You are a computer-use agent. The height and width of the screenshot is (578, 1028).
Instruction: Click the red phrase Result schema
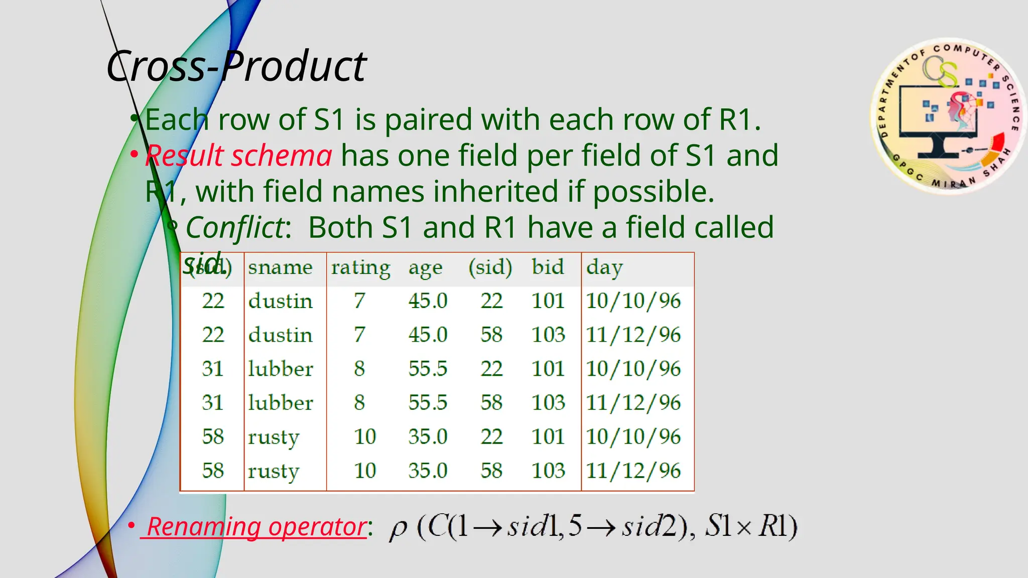tap(238, 156)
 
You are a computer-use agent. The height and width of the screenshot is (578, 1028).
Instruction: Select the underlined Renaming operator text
tap(256, 527)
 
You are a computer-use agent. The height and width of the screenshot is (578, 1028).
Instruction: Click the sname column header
tap(280, 267)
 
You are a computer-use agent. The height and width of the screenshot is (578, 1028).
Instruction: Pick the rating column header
tap(360, 267)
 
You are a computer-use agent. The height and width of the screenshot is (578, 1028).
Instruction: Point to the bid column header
tap(548, 266)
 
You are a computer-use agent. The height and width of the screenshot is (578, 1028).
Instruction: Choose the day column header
tap(604, 267)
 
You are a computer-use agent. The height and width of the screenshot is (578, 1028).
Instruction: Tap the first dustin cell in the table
tap(280, 301)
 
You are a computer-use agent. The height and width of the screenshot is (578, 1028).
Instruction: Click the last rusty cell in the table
tap(273, 471)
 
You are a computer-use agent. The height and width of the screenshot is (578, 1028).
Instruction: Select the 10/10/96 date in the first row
tap(633, 301)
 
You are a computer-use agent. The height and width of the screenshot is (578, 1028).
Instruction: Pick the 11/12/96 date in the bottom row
tap(633, 471)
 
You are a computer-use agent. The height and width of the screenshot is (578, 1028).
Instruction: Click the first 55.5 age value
tap(427, 369)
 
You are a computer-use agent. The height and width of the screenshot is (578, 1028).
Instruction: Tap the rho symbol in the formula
tap(398, 528)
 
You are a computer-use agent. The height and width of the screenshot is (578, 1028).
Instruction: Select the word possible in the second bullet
tap(653, 192)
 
